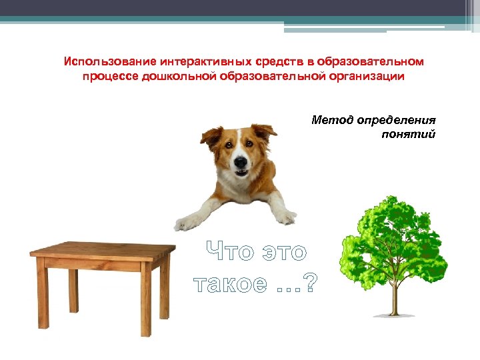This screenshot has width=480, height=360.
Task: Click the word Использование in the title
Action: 105,61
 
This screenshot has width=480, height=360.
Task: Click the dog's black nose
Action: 239,161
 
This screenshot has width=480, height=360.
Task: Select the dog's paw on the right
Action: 285,216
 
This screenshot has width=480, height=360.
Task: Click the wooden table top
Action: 100,251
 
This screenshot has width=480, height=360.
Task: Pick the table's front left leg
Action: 43,293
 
